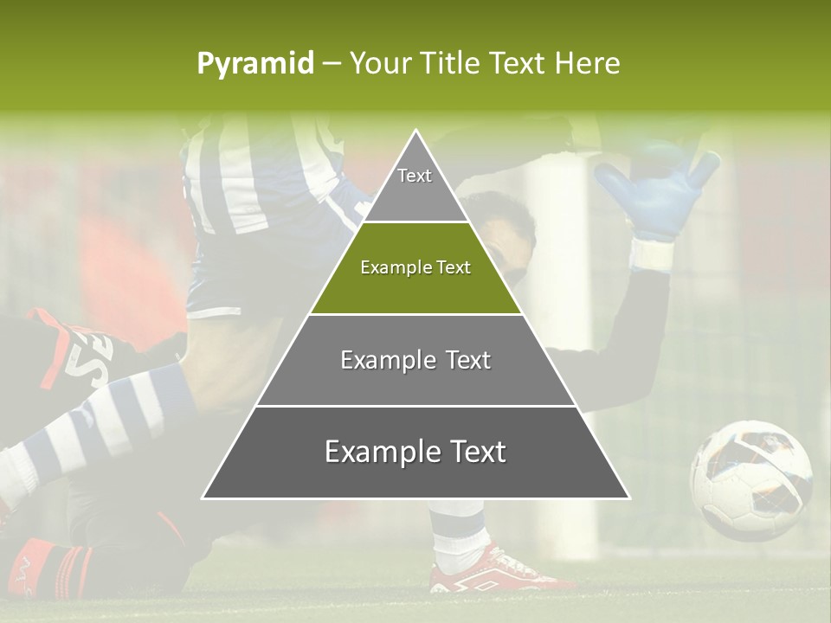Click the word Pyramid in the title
pos(255,64)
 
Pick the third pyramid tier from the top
pos(415,360)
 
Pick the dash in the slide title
pos(332,64)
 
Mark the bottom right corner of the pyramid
pos(628,498)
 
